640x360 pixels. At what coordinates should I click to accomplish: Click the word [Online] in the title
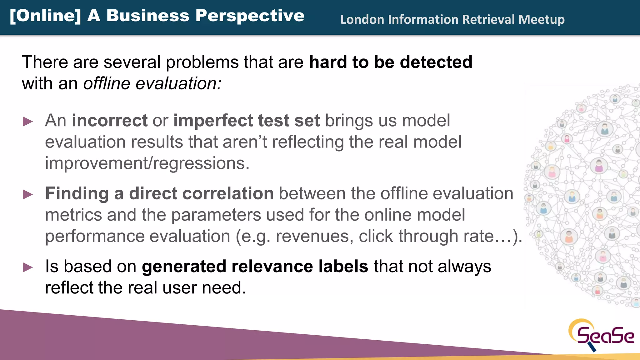45,16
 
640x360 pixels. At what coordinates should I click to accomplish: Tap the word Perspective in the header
250,16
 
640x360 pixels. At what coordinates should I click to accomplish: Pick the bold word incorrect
110,121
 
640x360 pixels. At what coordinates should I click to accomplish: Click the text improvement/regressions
147,163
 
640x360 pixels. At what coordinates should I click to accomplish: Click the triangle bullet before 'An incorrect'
28,122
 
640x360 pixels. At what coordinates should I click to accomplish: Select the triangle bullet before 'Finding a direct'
28,194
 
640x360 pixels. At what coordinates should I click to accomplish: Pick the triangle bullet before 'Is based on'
28,267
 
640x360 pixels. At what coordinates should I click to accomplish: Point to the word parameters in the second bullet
216,215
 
